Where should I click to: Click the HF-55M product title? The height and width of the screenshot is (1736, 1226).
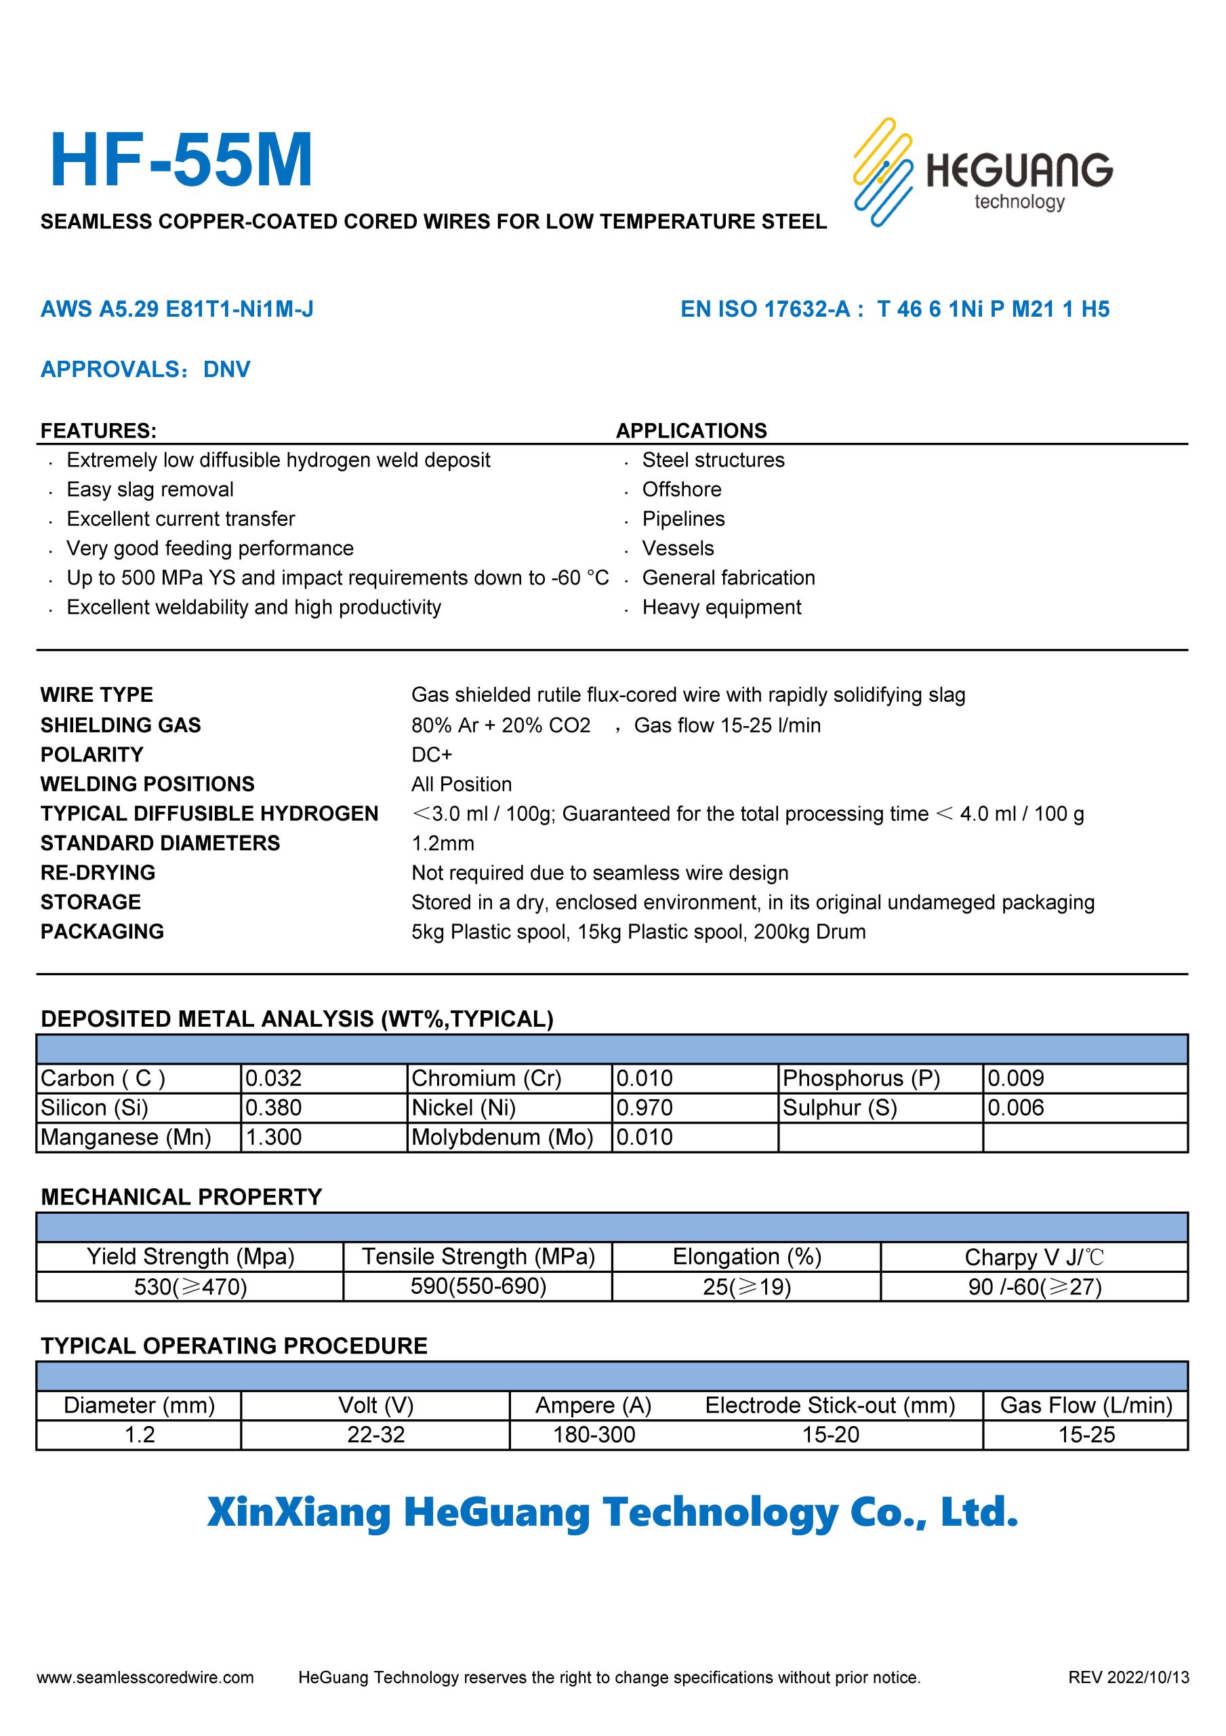(x=181, y=160)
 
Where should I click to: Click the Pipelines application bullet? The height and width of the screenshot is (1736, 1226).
(x=682, y=519)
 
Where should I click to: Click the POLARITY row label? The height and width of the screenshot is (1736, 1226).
(x=91, y=755)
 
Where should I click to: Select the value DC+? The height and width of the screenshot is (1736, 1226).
(x=432, y=755)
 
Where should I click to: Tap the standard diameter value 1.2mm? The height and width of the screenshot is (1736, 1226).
(x=443, y=843)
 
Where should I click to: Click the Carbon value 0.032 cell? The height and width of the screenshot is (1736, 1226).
(x=274, y=1078)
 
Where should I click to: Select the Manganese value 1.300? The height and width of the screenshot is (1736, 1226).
(x=274, y=1137)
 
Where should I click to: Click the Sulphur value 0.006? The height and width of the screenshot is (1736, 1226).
(x=1015, y=1107)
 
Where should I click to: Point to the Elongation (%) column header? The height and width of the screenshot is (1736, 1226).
(x=746, y=1257)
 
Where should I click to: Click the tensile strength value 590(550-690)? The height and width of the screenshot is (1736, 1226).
(x=478, y=1286)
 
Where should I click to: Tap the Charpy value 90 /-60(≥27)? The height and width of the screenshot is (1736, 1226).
(x=1034, y=1286)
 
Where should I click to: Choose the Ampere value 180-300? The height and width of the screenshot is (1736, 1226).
(x=594, y=1434)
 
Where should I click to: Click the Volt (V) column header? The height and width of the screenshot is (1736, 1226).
(x=375, y=1405)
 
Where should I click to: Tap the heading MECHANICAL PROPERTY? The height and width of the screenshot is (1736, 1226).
(x=182, y=1197)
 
